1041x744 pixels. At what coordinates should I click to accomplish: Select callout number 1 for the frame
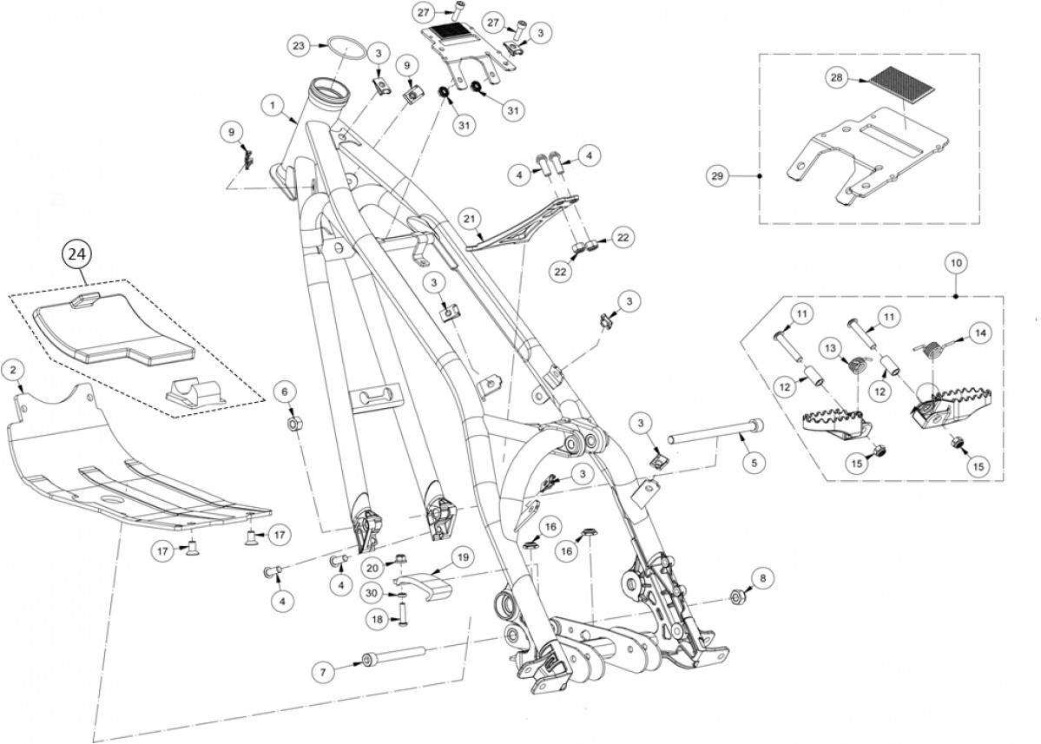click(273, 106)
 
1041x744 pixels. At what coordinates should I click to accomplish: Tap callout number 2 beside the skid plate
click(12, 370)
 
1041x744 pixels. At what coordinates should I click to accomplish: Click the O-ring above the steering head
click(344, 45)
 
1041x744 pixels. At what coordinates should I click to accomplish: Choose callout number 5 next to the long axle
click(753, 463)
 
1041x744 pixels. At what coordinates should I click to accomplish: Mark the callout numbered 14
click(979, 332)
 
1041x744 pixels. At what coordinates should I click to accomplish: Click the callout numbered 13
click(830, 348)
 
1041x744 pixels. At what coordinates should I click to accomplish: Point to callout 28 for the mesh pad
click(836, 78)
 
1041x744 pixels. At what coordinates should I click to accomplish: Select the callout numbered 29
click(717, 176)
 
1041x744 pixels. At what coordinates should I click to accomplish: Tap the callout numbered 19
click(460, 556)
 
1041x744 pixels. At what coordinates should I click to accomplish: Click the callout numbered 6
click(283, 392)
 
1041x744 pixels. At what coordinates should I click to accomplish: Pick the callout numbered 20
click(371, 568)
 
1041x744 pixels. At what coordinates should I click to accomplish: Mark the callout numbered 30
click(371, 593)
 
